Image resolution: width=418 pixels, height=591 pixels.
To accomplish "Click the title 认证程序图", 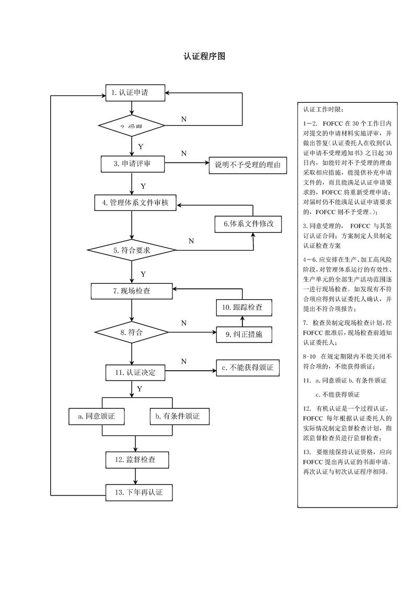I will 204,56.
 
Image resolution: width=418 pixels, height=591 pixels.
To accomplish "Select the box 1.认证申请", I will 135,93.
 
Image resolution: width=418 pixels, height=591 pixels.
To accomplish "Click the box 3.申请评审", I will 133,164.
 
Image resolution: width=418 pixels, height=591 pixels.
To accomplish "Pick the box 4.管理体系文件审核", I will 135,203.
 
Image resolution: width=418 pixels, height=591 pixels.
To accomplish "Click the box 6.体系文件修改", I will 248,224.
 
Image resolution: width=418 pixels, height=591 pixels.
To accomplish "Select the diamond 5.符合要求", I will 132,251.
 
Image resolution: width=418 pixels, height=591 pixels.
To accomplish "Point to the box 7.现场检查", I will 132,291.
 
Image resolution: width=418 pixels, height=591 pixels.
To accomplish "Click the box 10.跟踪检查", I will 245,308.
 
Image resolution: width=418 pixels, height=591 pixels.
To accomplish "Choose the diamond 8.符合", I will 132,332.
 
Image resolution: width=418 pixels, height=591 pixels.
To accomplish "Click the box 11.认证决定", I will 135,373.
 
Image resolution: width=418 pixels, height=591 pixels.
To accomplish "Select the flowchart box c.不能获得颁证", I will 248,368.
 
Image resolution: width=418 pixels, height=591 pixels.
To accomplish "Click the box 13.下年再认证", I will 137,492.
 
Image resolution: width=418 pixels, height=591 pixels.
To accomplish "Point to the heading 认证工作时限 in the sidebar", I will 323,110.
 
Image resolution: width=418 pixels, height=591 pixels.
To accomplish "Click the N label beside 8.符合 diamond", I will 184,324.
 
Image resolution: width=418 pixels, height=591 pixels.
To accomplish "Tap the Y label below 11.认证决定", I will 140,389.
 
